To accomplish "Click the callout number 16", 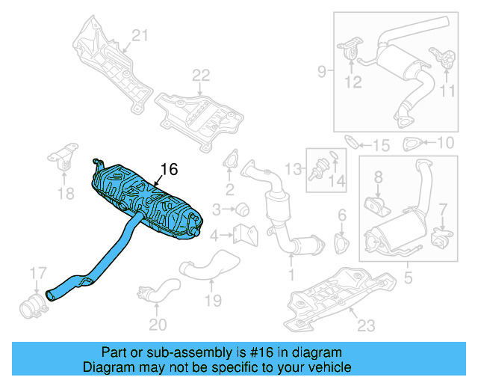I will [170, 170].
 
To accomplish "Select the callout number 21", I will [140, 34].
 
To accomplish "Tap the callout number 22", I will [200, 75].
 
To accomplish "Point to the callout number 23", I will [364, 325].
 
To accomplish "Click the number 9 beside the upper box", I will [321, 72].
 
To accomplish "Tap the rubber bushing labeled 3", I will [243, 209].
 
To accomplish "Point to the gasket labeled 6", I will [343, 243].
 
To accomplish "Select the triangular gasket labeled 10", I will [412, 144].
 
